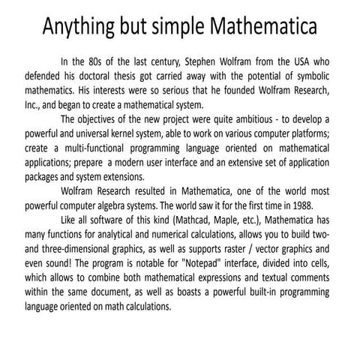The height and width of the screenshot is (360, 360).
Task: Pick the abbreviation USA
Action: click(305, 62)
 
